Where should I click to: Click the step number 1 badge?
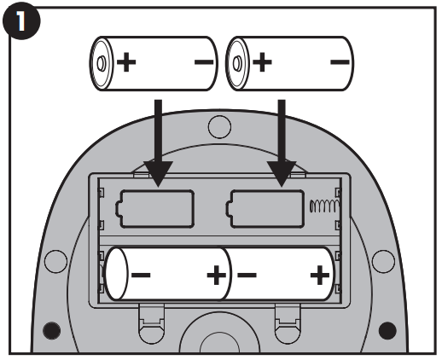[21, 21]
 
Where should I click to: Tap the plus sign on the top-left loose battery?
[126, 62]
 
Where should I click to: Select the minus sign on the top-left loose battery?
[204, 62]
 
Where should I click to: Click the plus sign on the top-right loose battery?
[262, 62]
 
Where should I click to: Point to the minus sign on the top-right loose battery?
[340, 62]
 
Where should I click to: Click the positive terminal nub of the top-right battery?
[237, 63]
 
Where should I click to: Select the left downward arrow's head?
[159, 173]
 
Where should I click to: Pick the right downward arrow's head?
[282, 173]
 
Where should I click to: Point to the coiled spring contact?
[324, 206]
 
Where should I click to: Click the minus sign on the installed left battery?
[141, 275]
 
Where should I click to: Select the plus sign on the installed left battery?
[217, 275]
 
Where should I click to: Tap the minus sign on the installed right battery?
[247, 275]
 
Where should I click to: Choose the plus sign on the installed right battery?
[320, 275]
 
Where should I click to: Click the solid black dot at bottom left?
[51, 330]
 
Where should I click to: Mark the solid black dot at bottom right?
[387, 330]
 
